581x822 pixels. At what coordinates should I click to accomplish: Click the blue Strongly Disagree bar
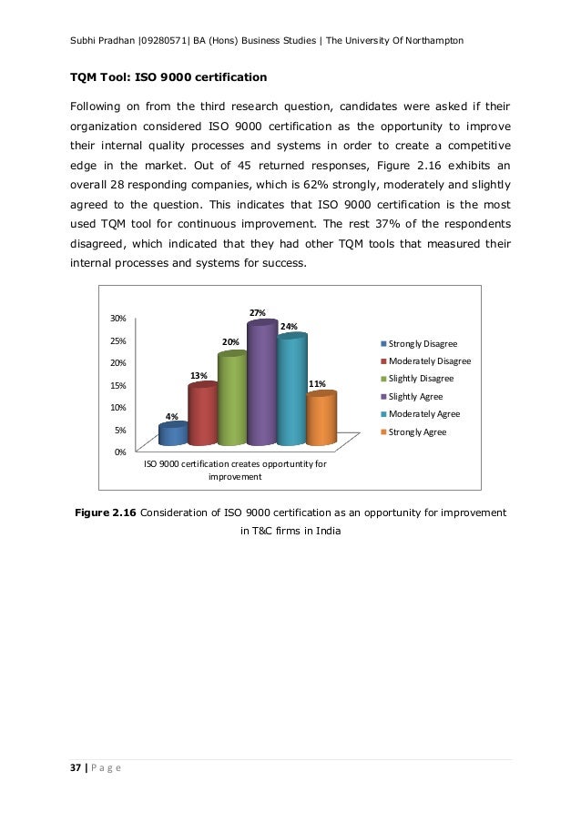[172, 433]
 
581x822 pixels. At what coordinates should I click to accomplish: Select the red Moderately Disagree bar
[202, 415]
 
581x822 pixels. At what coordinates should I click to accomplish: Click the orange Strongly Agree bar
[321, 419]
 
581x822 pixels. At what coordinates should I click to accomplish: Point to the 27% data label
[259, 313]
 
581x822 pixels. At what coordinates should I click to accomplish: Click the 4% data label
[171, 417]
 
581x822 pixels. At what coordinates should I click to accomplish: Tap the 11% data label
[317, 384]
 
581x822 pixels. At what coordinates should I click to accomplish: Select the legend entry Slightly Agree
[414, 396]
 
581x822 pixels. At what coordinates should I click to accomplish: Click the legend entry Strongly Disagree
[422, 344]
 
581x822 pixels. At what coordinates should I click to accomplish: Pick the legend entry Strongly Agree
[417, 431]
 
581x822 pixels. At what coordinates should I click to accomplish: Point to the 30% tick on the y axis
[118, 319]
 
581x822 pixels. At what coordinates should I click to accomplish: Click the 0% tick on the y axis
[121, 452]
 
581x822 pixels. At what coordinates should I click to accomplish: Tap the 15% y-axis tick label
[118, 385]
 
